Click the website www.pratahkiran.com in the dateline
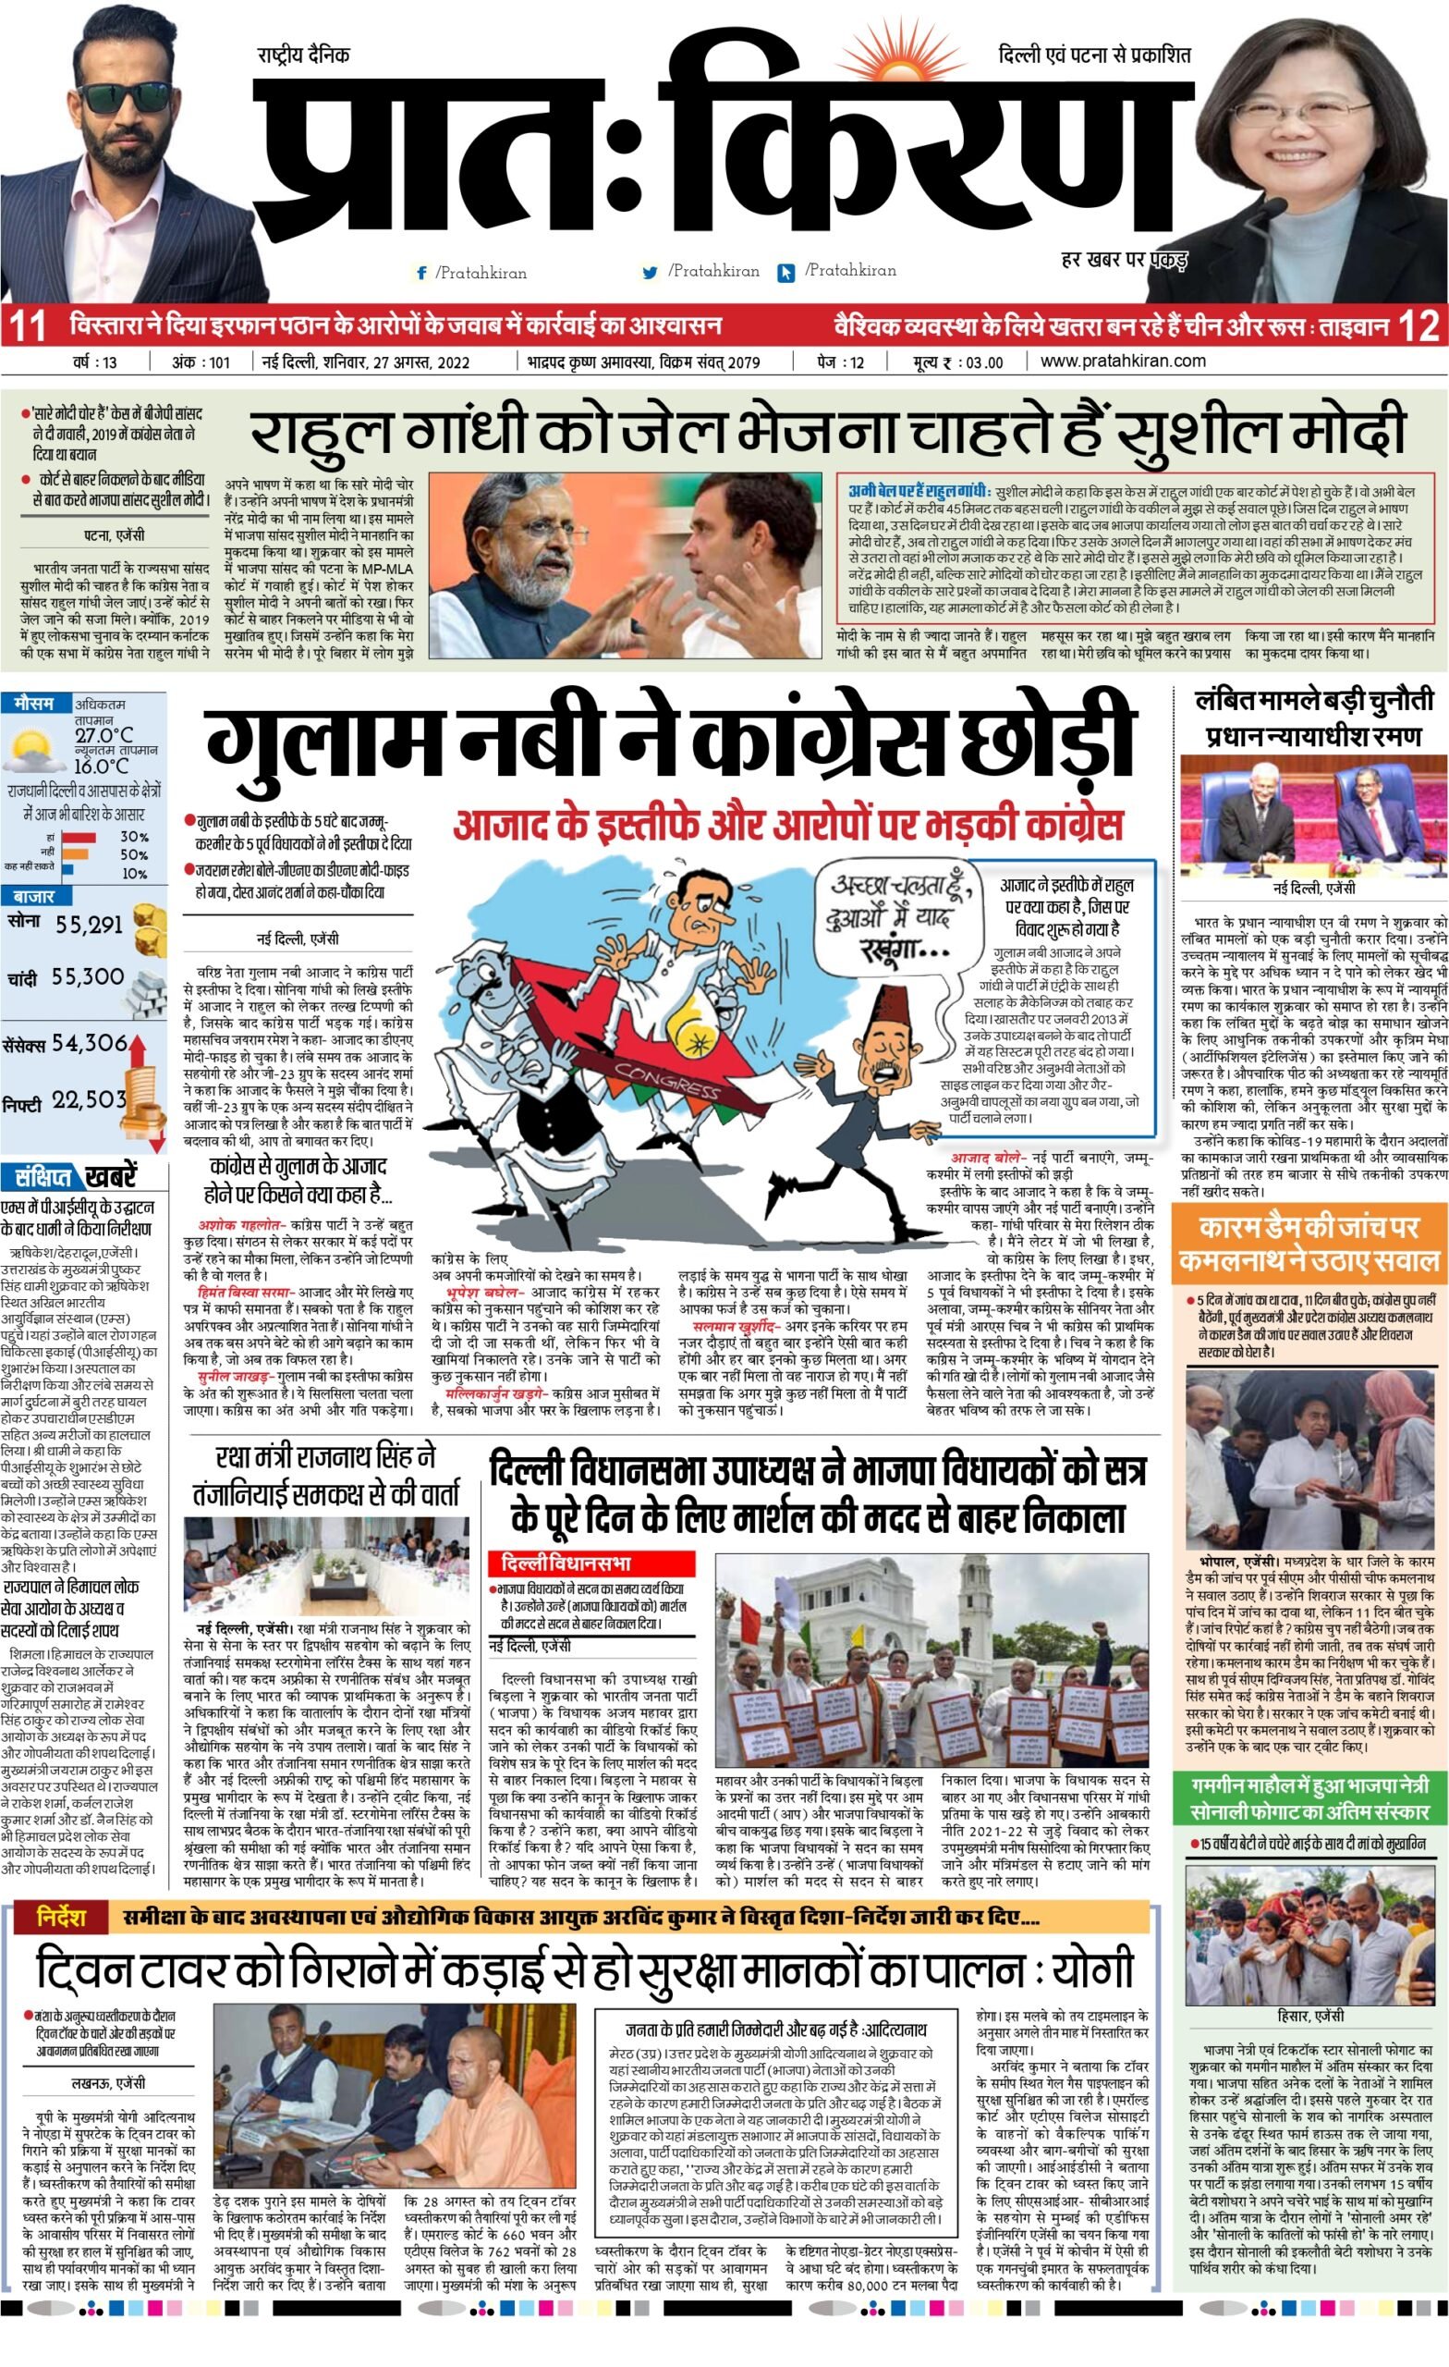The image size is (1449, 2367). pyautogui.click(x=1123, y=362)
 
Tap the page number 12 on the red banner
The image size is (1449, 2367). pyautogui.click(x=1420, y=326)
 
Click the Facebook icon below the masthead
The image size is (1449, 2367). pyautogui.click(x=420, y=273)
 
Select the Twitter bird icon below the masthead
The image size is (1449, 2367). pyautogui.click(x=650, y=273)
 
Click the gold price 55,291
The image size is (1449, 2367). pyautogui.click(x=89, y=926)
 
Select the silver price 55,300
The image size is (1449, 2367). pyautogui.click(x=88, y=977)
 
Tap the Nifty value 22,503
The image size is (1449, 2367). pyautogui.click(x=89, y=1100)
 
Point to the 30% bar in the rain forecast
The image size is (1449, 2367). pyautogui.click(x=80, y=838)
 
